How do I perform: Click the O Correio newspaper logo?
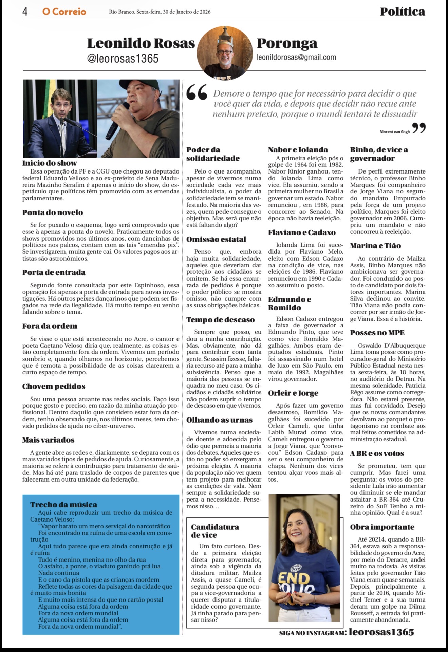pos(64,12)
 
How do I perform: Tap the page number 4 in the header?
pos(25,12)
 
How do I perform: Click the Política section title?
pos(402,12)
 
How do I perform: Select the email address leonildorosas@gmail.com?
pos(296,57)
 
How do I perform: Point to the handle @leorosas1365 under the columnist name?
pos(123,58)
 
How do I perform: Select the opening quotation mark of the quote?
pos(197,92)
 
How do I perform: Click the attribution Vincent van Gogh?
pos(395,132)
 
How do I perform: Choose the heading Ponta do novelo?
pos(53,212)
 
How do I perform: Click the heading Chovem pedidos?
pos(54,386)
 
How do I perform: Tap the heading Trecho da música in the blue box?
pos(63,505)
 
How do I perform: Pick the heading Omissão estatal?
pos(216,239)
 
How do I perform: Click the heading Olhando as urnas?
pos(219,420)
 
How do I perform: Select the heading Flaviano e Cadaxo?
pos(302,232)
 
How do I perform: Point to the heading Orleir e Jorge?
pos(293,393)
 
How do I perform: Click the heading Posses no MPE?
pos(377,333)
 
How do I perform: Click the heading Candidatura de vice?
pos(215,531)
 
